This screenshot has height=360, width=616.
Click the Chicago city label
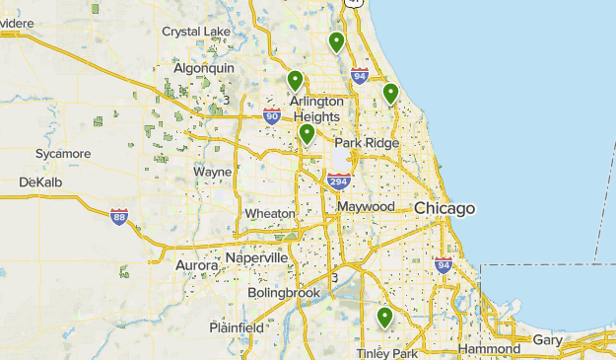point(445,209)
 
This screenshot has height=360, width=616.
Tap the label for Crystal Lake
point(196,32)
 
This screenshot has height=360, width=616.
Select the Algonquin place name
point(204,68)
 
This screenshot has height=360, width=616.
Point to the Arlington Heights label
point(316,108)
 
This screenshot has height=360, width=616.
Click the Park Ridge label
point(367,143)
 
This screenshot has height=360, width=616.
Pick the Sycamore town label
point(63,154)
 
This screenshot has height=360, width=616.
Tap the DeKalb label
point(40,182)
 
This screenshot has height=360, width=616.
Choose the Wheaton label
point(270,213)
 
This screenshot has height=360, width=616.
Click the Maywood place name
point(366,207)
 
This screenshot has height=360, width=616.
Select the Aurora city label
point(196,265)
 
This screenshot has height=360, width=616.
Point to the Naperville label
point(256,257)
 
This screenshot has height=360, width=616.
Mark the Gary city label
point(547,339)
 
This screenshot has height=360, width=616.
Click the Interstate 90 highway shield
point(272,116)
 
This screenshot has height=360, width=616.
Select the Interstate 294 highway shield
point(339,180)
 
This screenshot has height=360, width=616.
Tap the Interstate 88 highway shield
point(118,216)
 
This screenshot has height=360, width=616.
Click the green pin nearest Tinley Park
point(384,318)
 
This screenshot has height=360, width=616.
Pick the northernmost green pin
point(337,41)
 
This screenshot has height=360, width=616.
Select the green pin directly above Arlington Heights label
point(295,80)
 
